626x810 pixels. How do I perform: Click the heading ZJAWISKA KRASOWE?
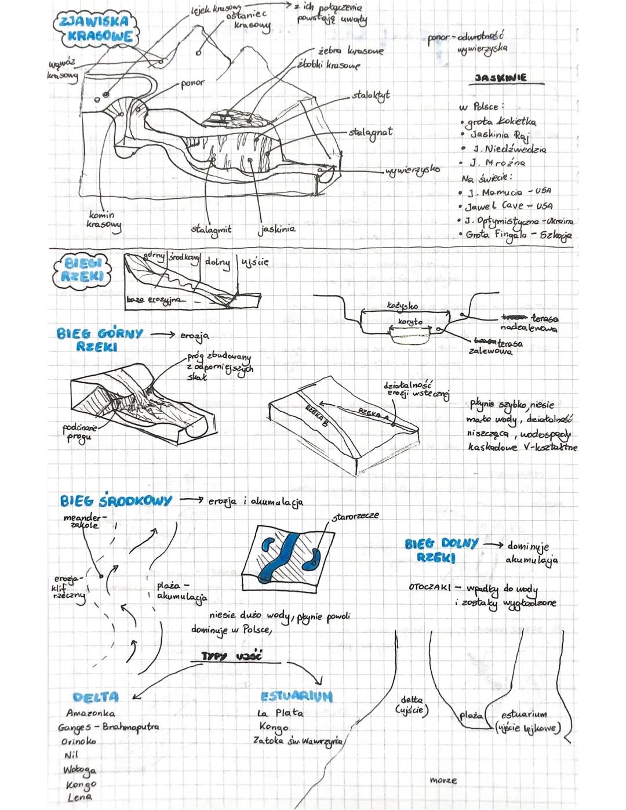click(x=96, y=29)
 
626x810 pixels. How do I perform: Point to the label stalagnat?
click(x=371, y=132)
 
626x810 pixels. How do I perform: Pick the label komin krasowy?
click(x=103, y=219)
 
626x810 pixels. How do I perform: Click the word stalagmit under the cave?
click(x=211, y=230)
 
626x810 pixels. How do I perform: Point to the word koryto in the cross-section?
click(x=410, y=321)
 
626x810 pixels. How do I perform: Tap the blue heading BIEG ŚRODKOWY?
click(x=116, y=500)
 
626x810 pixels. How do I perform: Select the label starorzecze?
click(x=355, y=515)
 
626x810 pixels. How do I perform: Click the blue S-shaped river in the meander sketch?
click(x=283, y=557)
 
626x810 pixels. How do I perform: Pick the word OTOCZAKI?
click(x=430, y=587)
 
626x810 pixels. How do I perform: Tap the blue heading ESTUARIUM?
click(x=296, y=696)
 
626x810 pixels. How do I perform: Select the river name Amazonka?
click(x=90, y=713)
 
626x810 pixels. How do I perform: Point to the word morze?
click(x=443, y=780)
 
